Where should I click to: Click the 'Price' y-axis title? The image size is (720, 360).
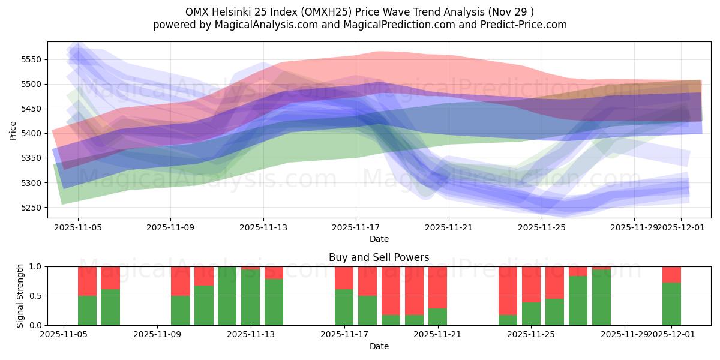tap(13, 130)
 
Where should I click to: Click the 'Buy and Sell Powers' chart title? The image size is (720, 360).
tap(379, 257)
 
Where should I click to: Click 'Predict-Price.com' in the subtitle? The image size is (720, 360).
tap(521, 25)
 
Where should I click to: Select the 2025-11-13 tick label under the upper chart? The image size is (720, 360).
tap(263, 228)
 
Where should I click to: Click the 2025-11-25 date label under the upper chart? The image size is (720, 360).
tap(542, 228)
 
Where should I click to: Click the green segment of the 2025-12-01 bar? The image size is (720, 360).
tap(671, 304)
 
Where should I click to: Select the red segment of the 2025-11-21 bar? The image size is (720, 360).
tap(437, 287)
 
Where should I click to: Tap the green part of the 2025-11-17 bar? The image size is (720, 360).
tap(344, 307)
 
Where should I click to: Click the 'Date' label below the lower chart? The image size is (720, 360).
tap(379, 346)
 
